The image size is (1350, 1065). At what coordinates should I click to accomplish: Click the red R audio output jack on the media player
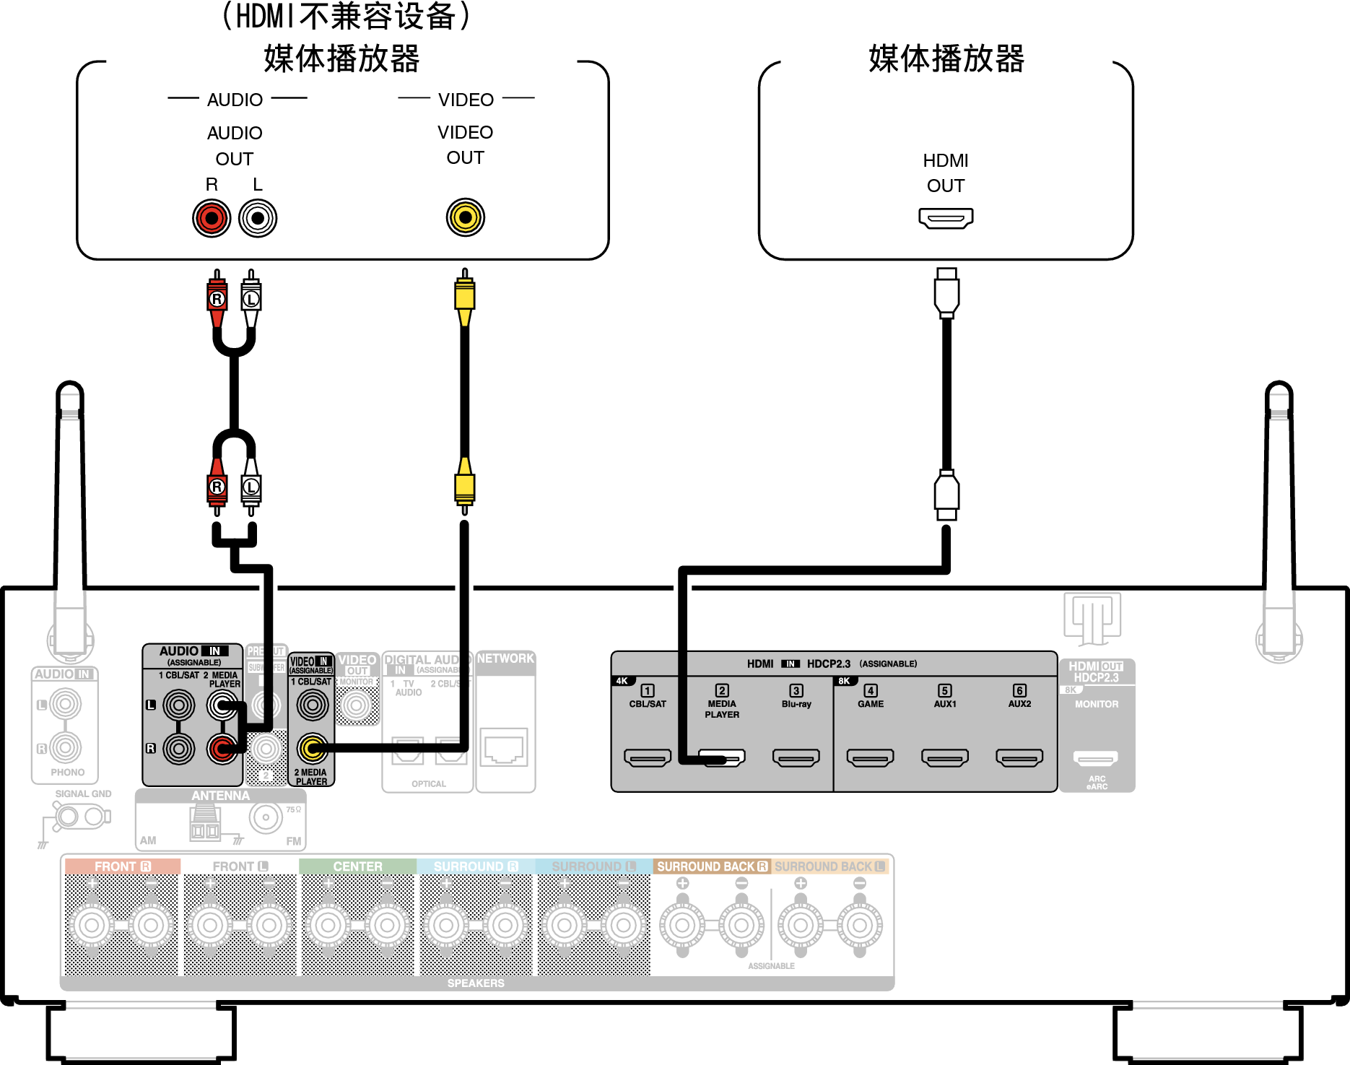(x=212, y=218)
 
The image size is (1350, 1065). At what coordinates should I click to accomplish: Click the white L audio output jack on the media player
(x=258, y=218)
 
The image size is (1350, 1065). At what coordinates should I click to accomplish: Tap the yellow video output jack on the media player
(x=465, y=217)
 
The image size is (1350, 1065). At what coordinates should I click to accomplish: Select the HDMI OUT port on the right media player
(x=946, y=217)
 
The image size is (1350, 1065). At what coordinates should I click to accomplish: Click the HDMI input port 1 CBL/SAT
(x=648, y=757)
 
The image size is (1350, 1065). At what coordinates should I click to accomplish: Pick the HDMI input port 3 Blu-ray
(x=796, y=757)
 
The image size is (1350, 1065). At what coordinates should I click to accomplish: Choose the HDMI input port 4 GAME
(x=870, y=757)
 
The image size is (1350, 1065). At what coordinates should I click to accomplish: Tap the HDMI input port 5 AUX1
(x=944, y=757)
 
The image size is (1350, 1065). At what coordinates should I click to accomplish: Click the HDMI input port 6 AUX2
(x=1019, y=757)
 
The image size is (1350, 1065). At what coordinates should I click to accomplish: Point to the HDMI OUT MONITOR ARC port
(x=1095, y=758)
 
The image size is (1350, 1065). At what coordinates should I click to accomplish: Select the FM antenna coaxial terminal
(x=266, y=818)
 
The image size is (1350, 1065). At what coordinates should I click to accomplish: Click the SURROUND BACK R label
(x=712, y=866)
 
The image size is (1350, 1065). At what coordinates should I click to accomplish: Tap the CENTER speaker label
(x=357, y=866)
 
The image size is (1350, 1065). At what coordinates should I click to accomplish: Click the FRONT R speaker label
(x=122, y=866)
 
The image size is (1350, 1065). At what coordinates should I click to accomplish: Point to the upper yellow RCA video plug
(x=465, y=296)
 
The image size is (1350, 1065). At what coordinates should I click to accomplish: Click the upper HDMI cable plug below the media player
(x=946, y=293)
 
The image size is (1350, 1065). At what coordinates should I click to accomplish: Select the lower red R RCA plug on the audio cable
(x=217, y=487)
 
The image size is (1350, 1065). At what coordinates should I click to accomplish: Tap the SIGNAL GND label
(x=83, y=794)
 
